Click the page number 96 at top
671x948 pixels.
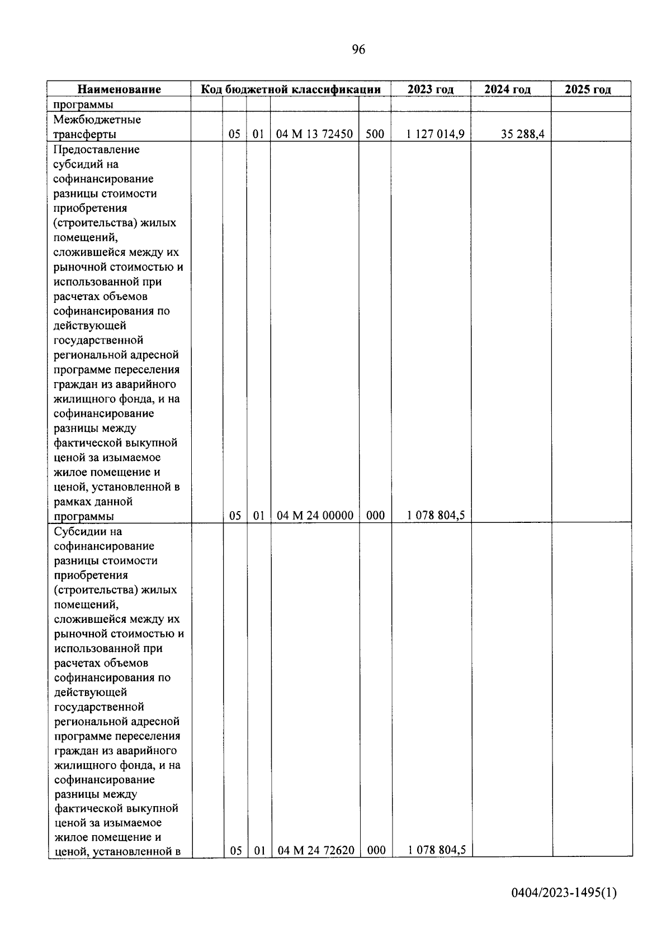point(358,50)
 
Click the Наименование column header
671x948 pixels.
point(119,89)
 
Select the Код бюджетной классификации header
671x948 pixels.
point(291,89)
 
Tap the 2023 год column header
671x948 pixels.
point(430,89)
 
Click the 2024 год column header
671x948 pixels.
point(507,89)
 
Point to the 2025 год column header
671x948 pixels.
point(588,89)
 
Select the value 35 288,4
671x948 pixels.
point(522,134)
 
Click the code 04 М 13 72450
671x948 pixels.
point(315,134)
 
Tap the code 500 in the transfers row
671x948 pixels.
point(375,134)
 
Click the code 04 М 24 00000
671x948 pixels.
point(315,516)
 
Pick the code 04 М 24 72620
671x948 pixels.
point(316,850)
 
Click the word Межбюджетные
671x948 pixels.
point(97,120)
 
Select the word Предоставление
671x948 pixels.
point(96,150)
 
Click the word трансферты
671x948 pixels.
point(84,135)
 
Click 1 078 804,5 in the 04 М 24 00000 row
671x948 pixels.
point(436,516)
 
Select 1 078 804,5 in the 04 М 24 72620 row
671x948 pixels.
point(437,850)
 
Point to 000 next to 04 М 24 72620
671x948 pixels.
point(376,850)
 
